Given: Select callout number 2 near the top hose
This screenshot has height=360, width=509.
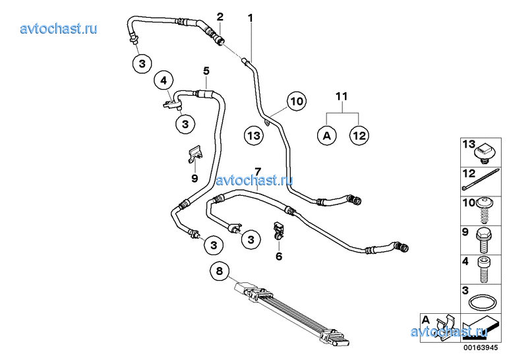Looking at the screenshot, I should click(220, 16).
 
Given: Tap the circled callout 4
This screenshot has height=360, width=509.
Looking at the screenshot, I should click(164, 81).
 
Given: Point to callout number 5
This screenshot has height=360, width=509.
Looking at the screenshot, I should click(206, 71).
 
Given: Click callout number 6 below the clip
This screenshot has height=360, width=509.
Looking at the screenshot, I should click(279, 256).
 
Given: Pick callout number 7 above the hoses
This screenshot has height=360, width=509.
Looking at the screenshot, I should click(258, 171).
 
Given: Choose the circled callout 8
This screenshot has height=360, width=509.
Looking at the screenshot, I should click(219, 271).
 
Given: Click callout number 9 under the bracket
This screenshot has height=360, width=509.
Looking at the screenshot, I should click(195, 178).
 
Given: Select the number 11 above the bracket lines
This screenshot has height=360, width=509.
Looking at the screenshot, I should click(341, 97).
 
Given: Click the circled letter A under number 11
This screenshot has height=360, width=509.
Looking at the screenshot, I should click(326, 136).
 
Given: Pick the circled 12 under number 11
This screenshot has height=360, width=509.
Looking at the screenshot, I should click(359, 136).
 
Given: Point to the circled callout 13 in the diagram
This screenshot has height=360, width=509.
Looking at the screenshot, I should click(254, 136).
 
